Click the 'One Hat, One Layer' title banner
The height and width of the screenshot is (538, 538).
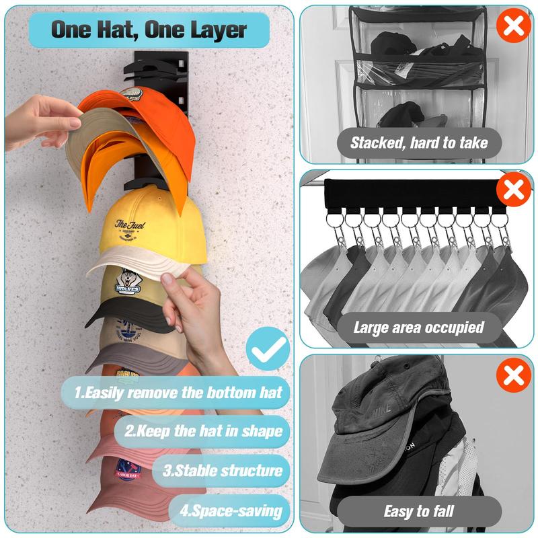[x=149, y=30]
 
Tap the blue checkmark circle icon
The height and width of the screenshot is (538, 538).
[x=267, y=350]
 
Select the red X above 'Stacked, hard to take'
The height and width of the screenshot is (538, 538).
[x=514, y=28]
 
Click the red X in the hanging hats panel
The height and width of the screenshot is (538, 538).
[x=514, y=190]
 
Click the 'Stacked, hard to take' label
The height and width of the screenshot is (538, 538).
[x=418, y=142]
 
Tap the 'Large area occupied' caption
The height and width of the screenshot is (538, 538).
[x=418, y=328]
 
